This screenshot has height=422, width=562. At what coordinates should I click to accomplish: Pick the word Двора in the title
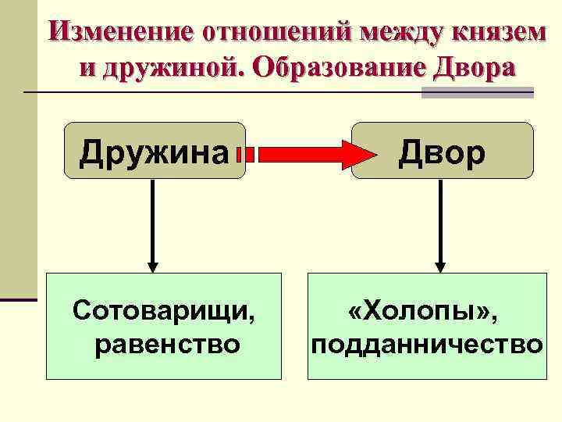[471, 68]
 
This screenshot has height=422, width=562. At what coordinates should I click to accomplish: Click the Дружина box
[155, 151]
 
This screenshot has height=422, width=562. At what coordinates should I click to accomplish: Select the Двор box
[443, 151]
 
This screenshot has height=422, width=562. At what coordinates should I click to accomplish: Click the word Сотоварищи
[163, 312]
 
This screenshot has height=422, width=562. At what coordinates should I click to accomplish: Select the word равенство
[165, 343]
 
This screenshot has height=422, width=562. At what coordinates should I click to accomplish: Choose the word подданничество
[426, 343]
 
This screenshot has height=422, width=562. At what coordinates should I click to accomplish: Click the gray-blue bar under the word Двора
[477, 92]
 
